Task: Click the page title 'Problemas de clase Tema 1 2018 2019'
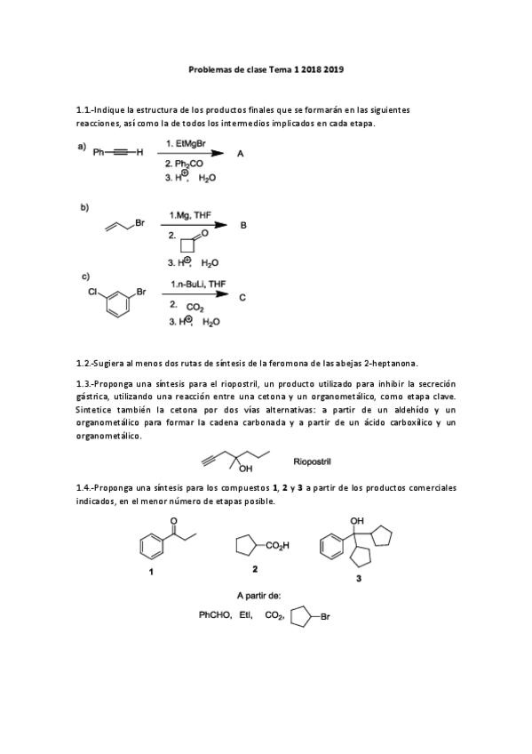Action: click(266, 67)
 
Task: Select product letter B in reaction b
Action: click(244, 226)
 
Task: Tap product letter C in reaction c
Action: click(242, 297)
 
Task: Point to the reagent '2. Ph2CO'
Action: click(184, 164)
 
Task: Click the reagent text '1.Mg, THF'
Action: click(189, 214)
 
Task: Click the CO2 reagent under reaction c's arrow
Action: click(195, 308)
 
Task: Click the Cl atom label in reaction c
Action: click(93, 291)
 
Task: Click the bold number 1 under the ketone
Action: click(151, 572)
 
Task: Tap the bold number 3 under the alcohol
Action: click(358, 579)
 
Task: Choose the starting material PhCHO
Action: click(214, 614)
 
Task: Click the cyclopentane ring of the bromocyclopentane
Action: click(300, 614)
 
